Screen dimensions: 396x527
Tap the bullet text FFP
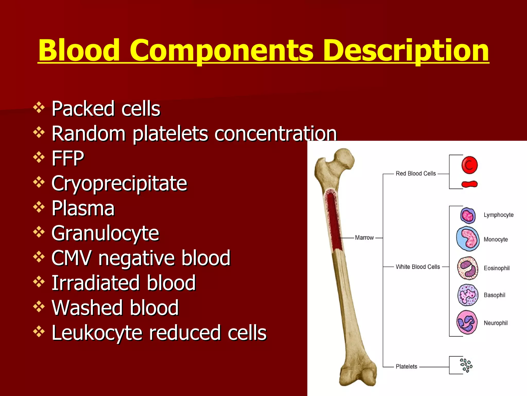(68, 158)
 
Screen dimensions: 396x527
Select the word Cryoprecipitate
(119, 183)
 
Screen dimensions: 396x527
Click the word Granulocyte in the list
(105, 233)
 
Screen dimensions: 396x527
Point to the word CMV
(71, 258)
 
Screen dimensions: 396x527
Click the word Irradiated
(95, 283)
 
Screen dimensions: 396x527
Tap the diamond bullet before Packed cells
(39, 108)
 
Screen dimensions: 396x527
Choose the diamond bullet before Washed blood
(39, 307)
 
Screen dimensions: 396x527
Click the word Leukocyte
(96, 333)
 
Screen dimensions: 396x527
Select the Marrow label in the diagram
(364, 238)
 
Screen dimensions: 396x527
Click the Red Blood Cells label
(416, 174)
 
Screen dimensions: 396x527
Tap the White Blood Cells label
(418, 267)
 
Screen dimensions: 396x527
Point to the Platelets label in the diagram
(406, 367)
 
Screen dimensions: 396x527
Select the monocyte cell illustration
(468, 239)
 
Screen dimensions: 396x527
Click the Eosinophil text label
(496, 268)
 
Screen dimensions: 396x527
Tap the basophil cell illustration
(468, 295)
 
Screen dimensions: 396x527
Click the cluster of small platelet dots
(466, 365)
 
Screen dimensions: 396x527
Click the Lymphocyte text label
(498, 215)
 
